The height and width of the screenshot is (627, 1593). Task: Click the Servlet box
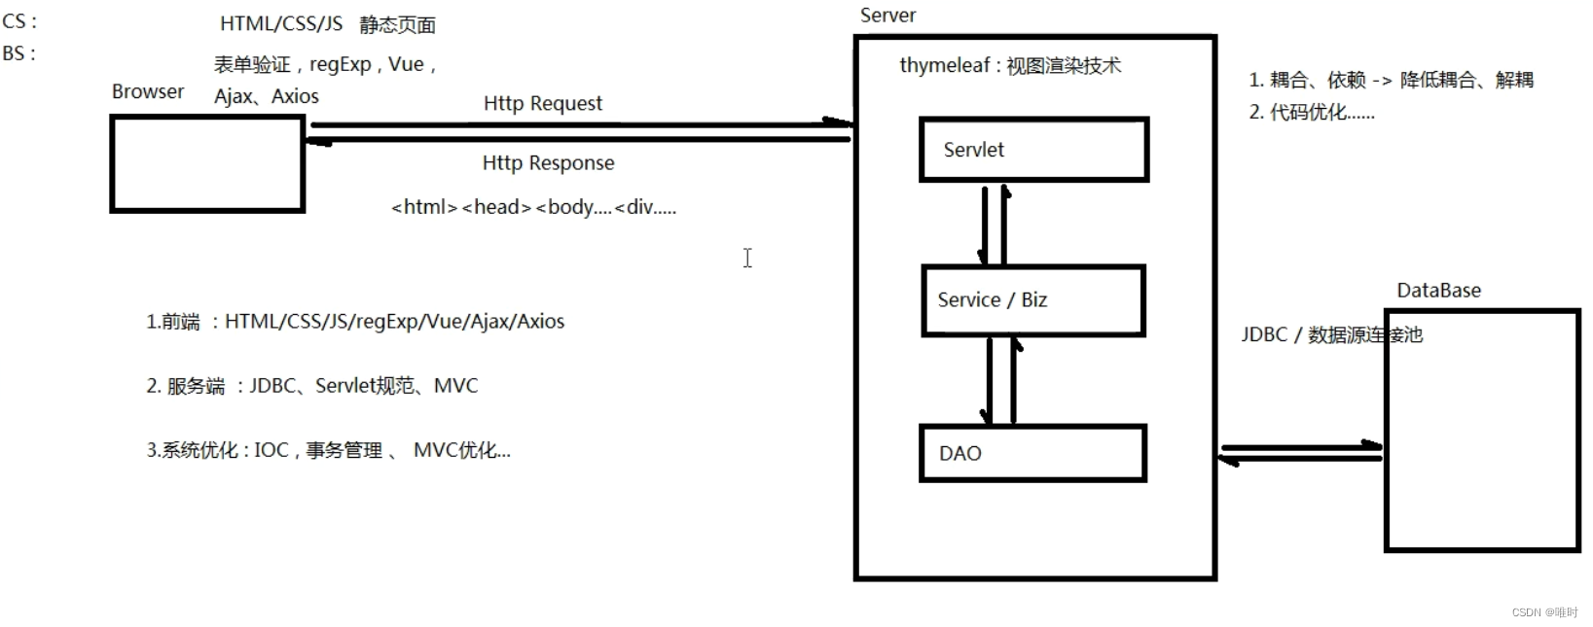tap(1033, 150)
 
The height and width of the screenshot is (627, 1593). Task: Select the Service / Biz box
tap(1032, 300)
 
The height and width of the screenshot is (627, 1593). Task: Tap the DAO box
tap(1032, 453)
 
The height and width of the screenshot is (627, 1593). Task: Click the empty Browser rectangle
tap(207, 163)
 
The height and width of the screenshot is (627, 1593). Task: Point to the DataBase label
tap(1438, 290)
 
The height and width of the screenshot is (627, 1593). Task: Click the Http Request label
tap(543, 103)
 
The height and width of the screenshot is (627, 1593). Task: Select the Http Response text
tap(548, 162)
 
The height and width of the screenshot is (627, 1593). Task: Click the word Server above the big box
tap(887, 16)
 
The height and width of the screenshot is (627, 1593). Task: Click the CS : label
tap(19, 21)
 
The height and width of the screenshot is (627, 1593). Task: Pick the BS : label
tap(18, 53)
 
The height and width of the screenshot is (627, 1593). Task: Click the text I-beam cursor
tap(747, 258)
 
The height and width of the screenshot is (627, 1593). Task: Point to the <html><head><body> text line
tap(533, 207)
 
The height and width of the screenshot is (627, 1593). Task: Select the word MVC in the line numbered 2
tap(455, 386)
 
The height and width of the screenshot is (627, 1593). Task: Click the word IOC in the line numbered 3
tap(272, 450)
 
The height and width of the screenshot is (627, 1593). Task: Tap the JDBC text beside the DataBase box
tap(1264, 334)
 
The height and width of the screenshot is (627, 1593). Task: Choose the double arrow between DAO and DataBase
tap(1300, 453)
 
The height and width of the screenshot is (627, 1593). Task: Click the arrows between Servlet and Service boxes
tap(995, 225)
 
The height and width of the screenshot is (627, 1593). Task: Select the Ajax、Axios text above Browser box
tap(267, 96)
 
